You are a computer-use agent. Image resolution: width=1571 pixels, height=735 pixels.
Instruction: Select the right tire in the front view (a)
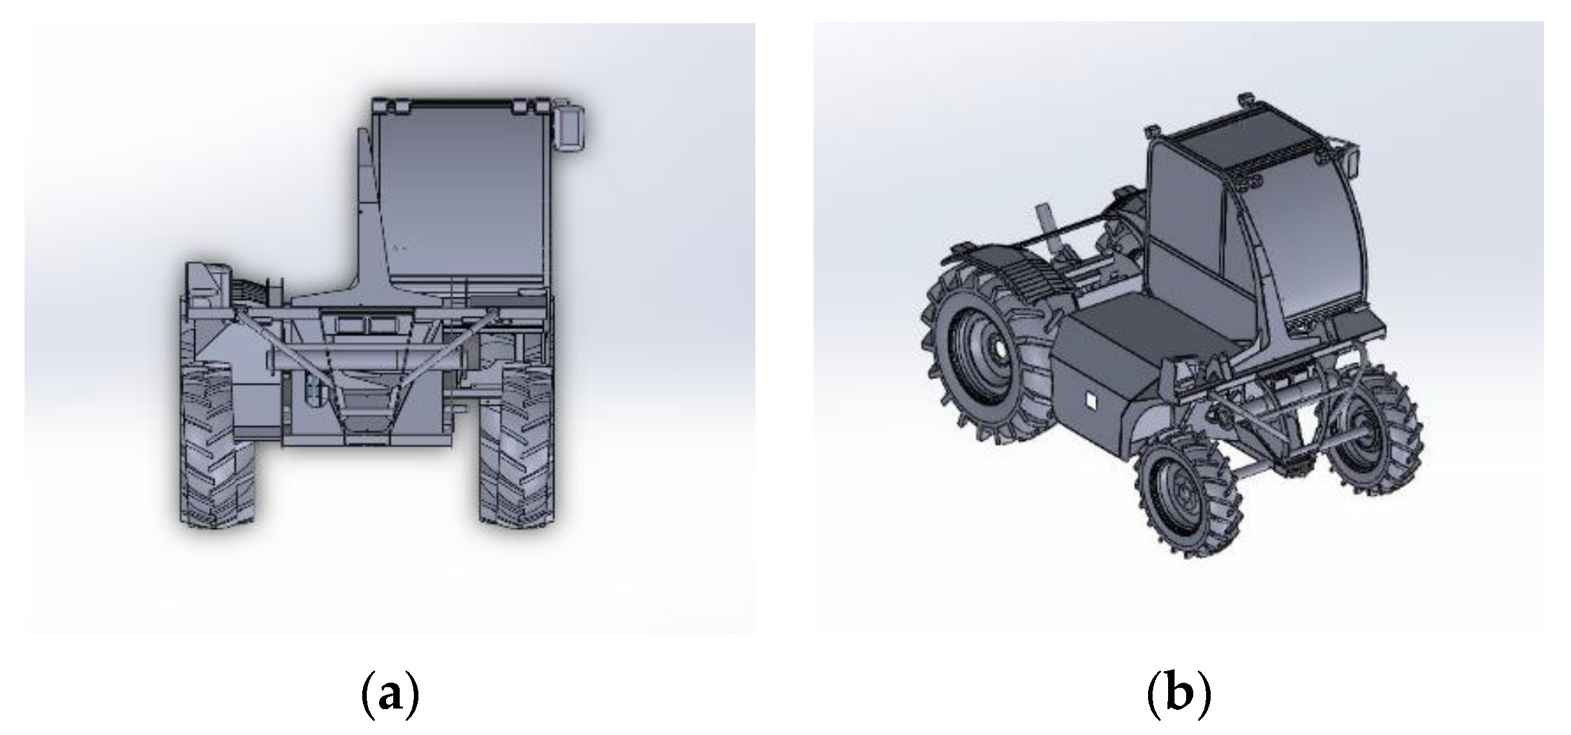(517, 446)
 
